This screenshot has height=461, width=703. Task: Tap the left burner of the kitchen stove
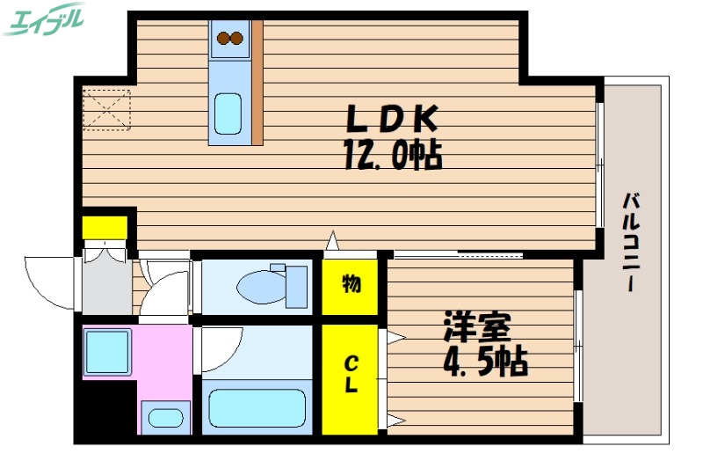[x=223, y=37]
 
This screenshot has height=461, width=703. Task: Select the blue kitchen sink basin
[x=228, y=113]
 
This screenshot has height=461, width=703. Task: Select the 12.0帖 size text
[x=392, y=157]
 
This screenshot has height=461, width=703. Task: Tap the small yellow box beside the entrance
[x=104, y=226]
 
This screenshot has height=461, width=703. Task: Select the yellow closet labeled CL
[x=350, y=375]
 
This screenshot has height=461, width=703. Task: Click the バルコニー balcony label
[x=630, y=242]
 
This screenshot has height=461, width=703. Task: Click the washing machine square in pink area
[x=107, y=351]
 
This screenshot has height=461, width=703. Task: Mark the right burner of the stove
[x=237, y=37]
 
